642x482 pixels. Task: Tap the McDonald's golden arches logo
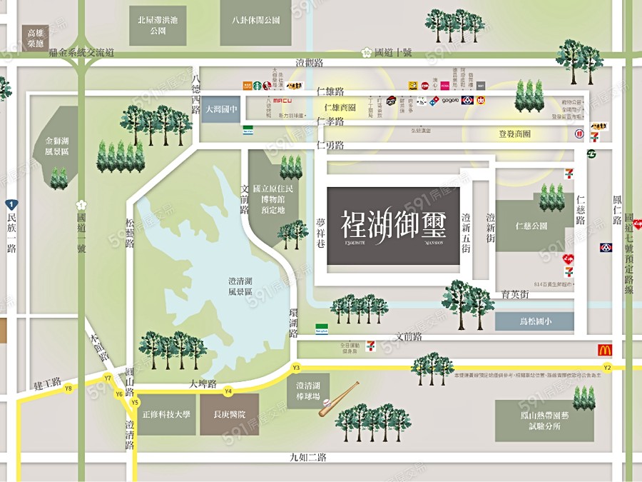click(605, 350)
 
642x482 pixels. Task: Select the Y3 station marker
click(296, 367)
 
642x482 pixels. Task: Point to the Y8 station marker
click(68, 388)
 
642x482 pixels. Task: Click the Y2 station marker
click(607, 367)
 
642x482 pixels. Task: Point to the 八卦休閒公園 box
click(256, 21)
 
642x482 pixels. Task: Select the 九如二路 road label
click(308, 457)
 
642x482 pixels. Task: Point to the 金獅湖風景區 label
click(56, 146)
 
